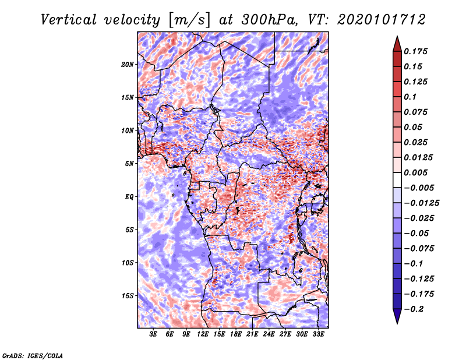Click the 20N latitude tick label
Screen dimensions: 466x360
click(x=127, y=65)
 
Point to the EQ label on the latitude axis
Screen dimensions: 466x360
click(x=129, y=197)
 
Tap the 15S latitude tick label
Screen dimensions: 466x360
click(x=127, y=296)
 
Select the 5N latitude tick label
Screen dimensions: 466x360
click(x=129, y=164)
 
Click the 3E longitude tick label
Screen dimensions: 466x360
click(x=153, y=334)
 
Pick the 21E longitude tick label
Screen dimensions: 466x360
click(x=252, y=334)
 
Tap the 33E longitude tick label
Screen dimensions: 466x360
click(x=318, y=334)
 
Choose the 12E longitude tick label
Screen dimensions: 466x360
click(x=202, y=334)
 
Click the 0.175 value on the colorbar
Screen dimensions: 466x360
click(x=415, y=51)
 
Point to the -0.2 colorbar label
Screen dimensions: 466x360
click(x=414, y=309)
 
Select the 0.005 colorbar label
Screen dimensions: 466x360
click(x=415, y=172)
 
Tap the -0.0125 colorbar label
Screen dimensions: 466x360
click(x=422, y=203)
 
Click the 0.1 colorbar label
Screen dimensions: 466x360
click(x=410, y=97)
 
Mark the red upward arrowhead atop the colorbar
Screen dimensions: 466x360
click(x=397, y=44)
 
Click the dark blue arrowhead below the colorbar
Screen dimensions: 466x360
click(x=397, y=316)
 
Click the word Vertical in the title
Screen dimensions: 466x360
click(x=69, y=20)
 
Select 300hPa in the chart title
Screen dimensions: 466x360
click(x=269, y=20)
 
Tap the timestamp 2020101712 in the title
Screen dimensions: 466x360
click(x=382, y=20)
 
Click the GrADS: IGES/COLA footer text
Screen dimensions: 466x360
click(x=33, y=355)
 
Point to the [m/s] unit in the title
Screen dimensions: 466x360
click(x=189, y=20)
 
